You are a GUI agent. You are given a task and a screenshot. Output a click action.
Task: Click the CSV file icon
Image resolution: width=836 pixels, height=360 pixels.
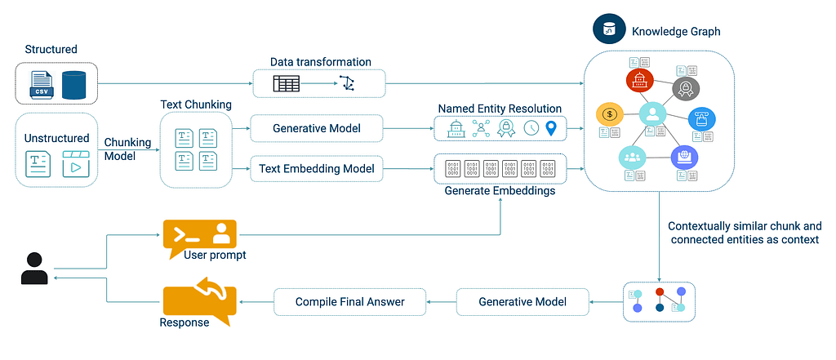[41, 83]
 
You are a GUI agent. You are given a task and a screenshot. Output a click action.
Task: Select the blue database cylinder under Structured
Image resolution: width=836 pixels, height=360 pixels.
[73, 83]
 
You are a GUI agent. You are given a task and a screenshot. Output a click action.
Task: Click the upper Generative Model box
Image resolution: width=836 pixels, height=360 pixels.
[316, 128]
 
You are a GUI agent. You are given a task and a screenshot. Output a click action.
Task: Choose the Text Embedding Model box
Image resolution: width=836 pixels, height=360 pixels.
[316, 169]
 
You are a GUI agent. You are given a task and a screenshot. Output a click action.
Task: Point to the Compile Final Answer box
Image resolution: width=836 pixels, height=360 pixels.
[349, 302]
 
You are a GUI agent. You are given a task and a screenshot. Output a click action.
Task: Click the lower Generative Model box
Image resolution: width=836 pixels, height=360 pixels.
[522, 302]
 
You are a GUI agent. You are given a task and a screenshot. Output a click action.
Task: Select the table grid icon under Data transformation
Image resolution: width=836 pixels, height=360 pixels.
[286, 83]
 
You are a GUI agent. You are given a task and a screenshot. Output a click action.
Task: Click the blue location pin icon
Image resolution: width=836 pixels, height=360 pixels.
[552, 128]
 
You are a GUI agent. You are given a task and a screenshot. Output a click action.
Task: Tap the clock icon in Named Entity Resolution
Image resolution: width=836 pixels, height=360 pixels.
[531, 128]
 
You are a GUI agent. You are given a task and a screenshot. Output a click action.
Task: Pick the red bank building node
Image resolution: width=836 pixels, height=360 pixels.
[640, 80]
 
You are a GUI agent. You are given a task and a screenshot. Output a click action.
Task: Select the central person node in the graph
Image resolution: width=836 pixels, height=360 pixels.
[653, 115]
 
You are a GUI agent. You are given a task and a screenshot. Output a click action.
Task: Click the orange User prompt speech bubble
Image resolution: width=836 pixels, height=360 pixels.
[199, 236]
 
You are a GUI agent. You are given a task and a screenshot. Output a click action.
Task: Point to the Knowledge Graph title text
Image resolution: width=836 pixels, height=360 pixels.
[676, 32]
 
